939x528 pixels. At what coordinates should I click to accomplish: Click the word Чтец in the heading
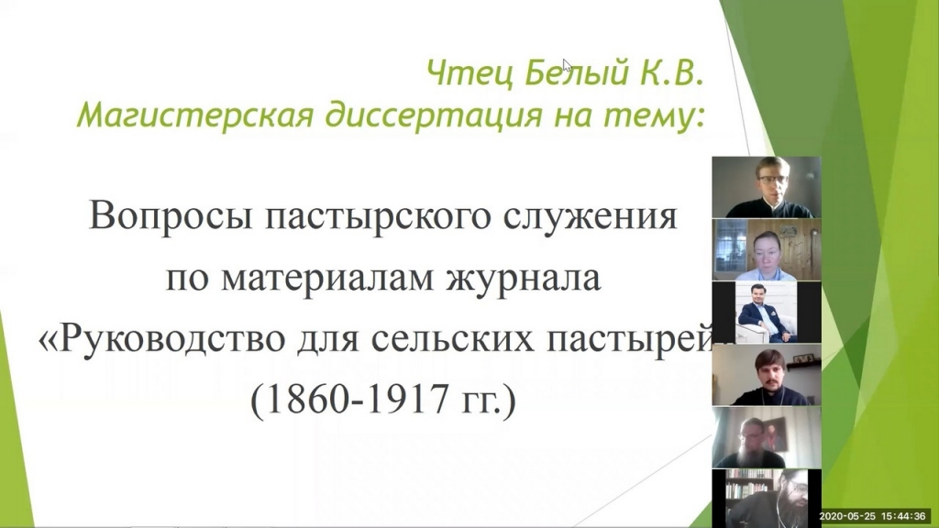point(469,74)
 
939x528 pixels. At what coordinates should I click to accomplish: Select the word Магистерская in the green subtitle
point(194,114)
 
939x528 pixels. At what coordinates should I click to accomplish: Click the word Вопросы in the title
point(171,216)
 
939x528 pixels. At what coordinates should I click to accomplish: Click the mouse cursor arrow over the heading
point(567,64)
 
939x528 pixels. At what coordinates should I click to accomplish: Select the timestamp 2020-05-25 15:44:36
point(873,516)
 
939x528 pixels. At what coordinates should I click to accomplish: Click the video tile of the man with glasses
point(767,187)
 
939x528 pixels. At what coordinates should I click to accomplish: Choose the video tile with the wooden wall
point(767,249)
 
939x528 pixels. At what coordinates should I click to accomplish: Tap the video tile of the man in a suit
point(767,312)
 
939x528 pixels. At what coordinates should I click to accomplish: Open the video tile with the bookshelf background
point(767,498)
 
